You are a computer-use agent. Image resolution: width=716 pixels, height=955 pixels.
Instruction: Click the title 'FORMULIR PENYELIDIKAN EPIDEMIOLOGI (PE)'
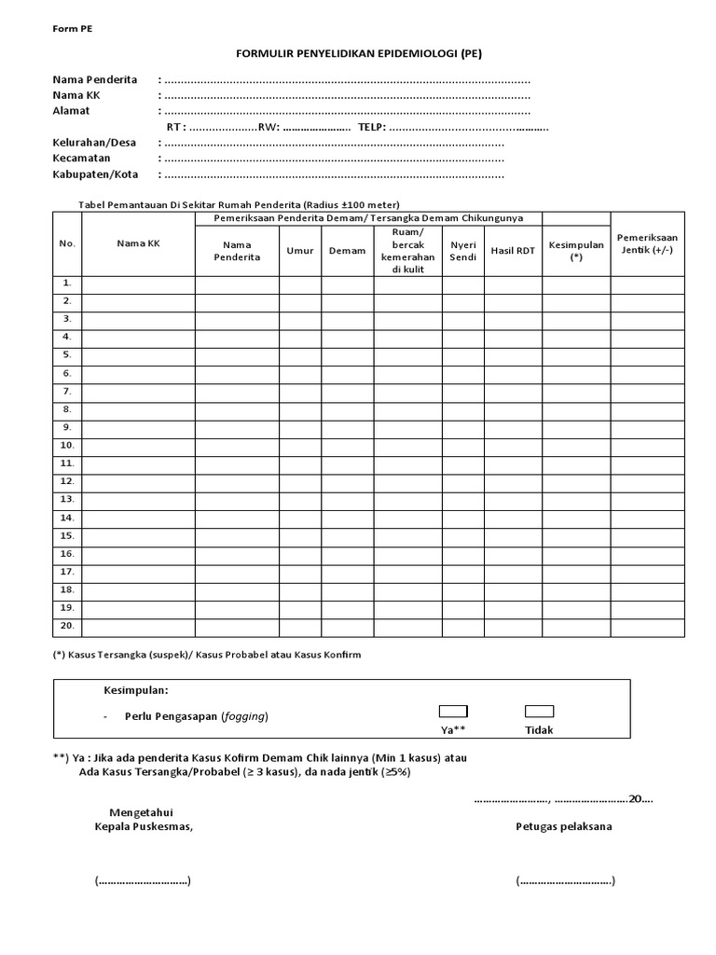click(x=358, y=54)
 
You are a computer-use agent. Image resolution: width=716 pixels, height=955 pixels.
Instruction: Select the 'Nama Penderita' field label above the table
click(x=94, y=79)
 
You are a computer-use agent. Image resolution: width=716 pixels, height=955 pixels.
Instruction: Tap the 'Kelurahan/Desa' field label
click(x=94, y=143)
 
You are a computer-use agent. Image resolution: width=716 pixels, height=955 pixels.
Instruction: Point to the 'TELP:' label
click(x=371, y=127)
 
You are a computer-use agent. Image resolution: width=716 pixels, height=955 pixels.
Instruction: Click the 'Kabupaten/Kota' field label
click(x=95, y=174)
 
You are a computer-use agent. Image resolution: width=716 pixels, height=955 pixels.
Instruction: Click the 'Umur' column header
click(x=300, y=250)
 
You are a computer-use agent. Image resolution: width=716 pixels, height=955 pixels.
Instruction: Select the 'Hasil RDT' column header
click(x=513, y=250)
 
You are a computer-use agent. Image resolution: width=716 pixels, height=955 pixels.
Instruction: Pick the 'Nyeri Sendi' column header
click(x=462, y=250)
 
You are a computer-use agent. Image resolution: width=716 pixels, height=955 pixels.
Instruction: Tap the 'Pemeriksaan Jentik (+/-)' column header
click(x=647, y=244)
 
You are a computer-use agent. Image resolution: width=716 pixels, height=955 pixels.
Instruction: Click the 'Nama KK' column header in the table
click(x=138, y=243)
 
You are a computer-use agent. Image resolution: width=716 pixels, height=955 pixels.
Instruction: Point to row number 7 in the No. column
click(x=67, y=391)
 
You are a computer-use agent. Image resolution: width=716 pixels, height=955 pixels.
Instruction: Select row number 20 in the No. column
click(x=67, y=625)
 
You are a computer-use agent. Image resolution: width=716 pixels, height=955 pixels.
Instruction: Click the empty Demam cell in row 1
click(x=347, y=284)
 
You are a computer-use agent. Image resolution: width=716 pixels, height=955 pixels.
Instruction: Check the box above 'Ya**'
click(x=453, y=712)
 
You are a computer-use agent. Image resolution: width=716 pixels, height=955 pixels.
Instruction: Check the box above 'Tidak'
click(x=539, y=712)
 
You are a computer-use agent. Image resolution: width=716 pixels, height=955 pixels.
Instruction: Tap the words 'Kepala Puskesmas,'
click(x=144, y=826)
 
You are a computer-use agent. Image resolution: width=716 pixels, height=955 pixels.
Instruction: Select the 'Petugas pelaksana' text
click(x=564, y=826)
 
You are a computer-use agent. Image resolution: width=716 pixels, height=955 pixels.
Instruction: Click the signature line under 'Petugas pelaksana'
click(x=564, y=880)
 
